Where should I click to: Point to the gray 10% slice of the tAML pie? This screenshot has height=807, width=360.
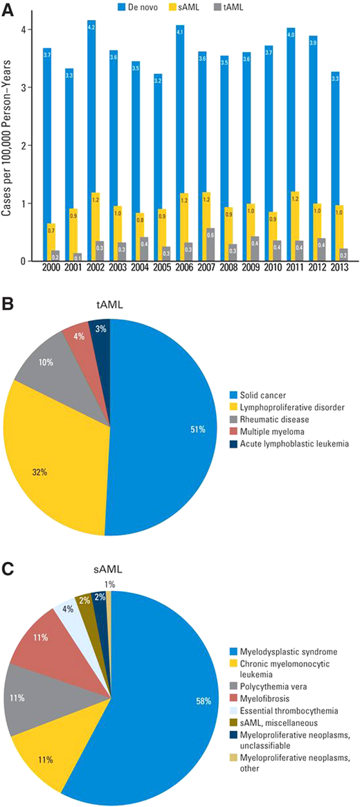pos(48,360)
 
